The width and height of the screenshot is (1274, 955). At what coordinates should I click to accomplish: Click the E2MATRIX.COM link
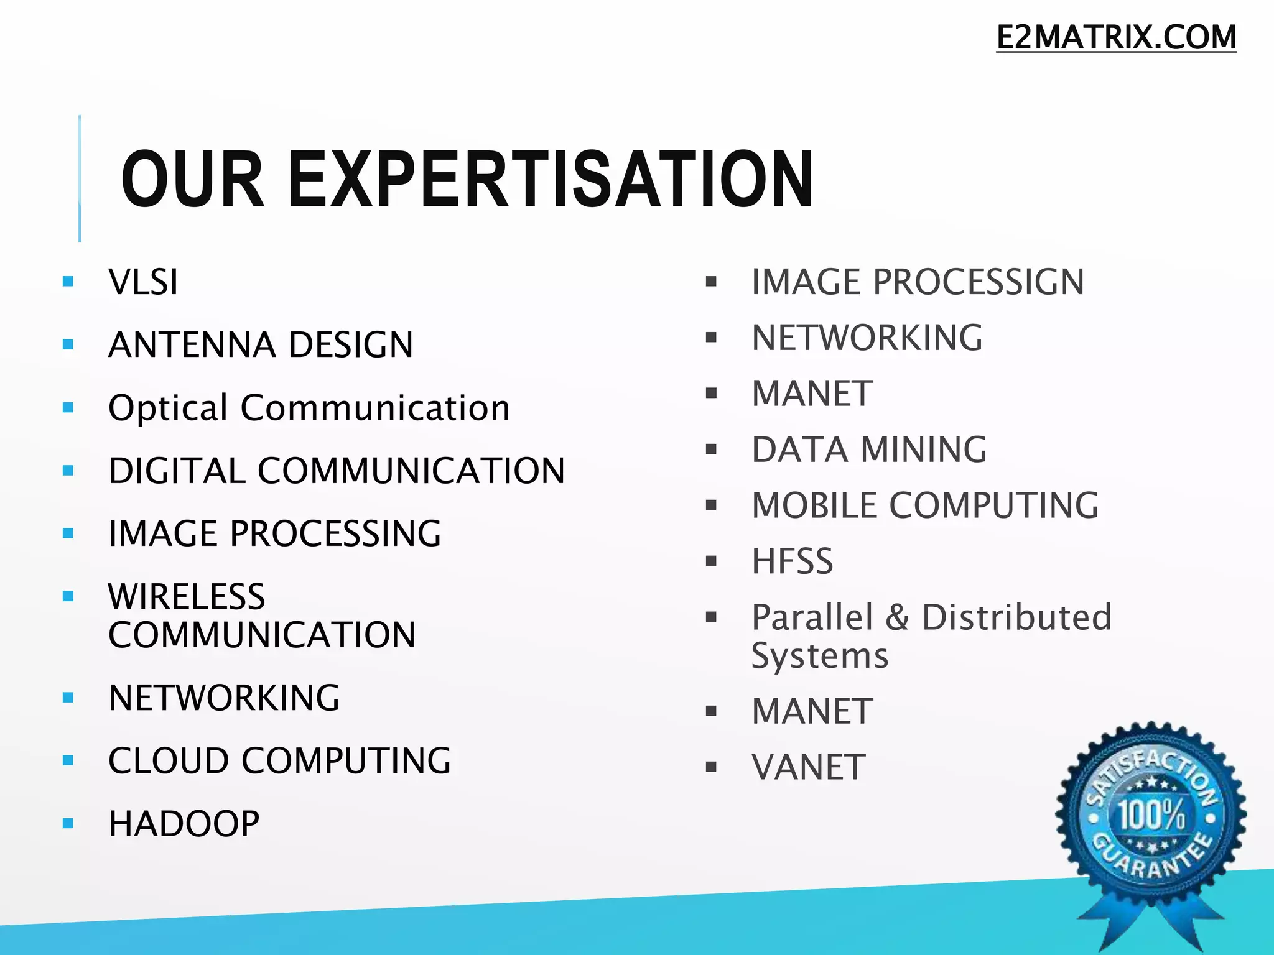[1116, 37]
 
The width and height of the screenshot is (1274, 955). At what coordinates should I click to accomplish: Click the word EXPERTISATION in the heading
[550, 180]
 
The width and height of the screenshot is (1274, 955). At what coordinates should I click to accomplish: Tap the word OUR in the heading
[193, 180]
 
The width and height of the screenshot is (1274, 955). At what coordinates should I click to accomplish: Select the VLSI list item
[143, 282]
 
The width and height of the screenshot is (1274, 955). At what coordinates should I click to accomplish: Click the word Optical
[168, 408]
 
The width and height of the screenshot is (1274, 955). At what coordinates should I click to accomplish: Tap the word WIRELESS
[187, 597]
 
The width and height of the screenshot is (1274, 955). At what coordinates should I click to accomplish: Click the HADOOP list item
[184, 824]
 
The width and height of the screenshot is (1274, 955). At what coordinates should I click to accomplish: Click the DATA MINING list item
[869, 450]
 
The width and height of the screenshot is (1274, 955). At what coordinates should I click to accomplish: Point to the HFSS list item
[792, 561]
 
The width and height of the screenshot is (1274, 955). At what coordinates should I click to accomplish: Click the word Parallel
[812, 617]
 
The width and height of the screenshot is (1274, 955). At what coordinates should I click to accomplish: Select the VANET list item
[808, 767]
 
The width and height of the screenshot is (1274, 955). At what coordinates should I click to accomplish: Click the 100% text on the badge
[1151, 814]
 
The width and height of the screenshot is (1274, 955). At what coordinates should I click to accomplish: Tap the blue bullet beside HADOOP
[68, 824]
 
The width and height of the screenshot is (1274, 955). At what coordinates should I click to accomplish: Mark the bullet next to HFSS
[712, 561]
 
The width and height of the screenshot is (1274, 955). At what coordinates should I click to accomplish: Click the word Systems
[820, 657]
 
